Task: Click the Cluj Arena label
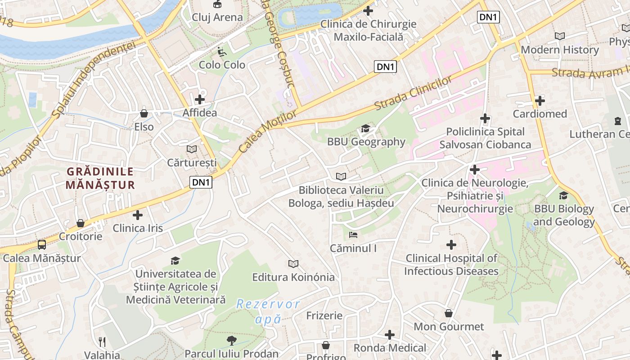point(217,18)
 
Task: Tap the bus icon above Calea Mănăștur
point(41,245)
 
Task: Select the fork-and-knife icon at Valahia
point(102,342)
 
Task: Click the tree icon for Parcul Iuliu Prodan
point(231,340)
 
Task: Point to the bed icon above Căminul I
point(353,235)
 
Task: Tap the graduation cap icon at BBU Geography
point(365,129)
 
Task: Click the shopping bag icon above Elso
point(144,113)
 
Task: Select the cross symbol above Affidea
point(200,99)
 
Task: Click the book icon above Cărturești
point(192,149)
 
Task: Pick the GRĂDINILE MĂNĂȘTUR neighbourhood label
point(100,178)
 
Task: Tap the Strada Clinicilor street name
point(413,94)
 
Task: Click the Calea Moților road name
point(267,131)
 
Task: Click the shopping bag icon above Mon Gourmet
point(449,313)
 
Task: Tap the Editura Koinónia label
point(293,277)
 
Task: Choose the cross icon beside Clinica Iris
point(138,215)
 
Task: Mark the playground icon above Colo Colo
point(222,52)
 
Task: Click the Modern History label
point(560,50)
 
